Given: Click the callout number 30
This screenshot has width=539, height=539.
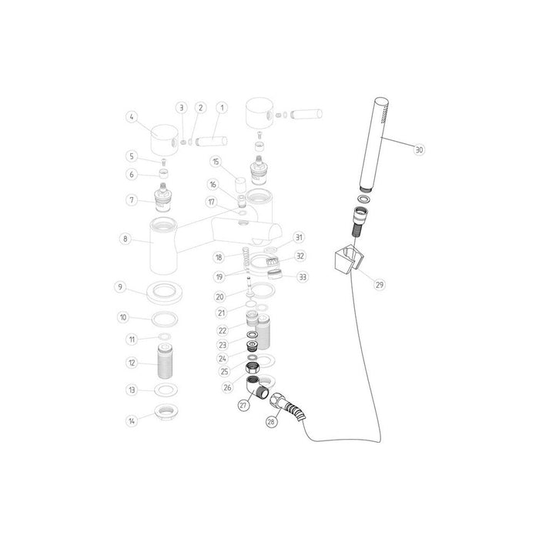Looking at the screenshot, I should (419, 150).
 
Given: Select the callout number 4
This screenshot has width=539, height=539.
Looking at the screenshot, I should (132, 118).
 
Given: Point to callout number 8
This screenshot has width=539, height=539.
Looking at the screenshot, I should (125, 239).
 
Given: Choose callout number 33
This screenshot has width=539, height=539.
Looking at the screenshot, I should (303, 276).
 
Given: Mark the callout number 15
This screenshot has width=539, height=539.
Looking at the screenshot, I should (216, 161).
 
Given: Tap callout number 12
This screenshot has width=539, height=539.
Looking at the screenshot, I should (132, 363).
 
